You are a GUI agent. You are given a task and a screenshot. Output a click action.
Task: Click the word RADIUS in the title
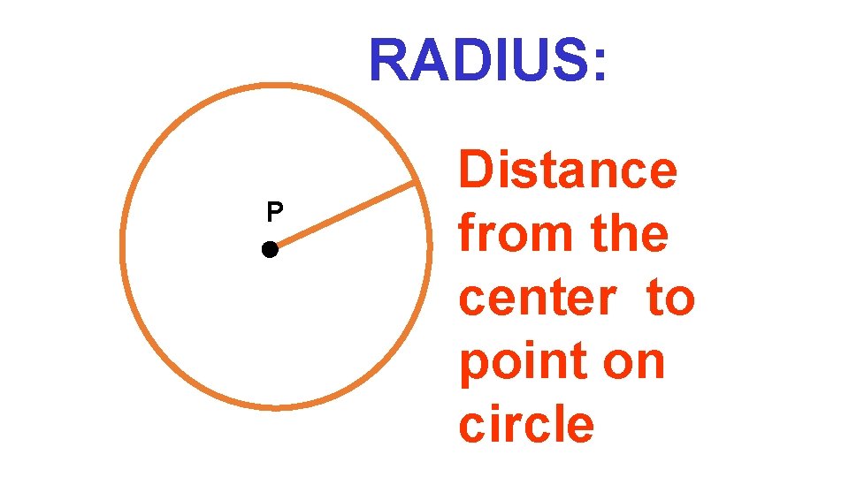pyautogui.click(x=478, y=61)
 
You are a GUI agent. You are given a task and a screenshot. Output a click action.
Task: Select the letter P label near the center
pyautogui.click(x=275, y=212)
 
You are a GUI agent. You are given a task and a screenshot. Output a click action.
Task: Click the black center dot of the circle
pyautogui.click(x=270, y=250)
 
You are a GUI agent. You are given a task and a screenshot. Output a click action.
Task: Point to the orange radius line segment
pyautogui.click(x=343, y=216)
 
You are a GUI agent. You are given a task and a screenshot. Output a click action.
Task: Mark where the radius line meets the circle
pyautogui.click(x=417, y=182)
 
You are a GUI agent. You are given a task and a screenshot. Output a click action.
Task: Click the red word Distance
pyautogui.click(x=568, y=170)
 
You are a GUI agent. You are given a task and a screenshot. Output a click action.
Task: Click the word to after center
pyautogui.click(x=670, y=299)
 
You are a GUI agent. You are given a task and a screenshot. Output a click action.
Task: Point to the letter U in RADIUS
pyautogui.click(x=531, y=61)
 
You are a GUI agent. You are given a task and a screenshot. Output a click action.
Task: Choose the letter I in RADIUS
pyautogui.click(x=501, y=61)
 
